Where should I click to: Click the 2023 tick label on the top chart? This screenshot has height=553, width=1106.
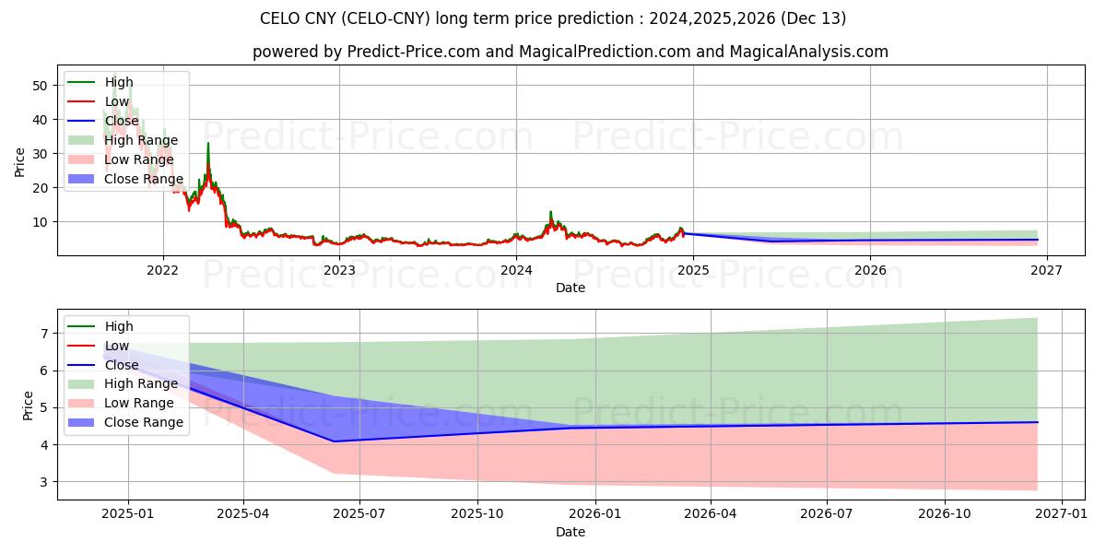click(x=339, y=270)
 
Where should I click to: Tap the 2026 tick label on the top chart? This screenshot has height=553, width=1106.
click(x=869, y=270)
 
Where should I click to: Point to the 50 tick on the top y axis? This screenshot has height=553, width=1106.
click(x=40, y=85)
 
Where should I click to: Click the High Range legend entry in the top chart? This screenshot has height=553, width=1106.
click(x=141, y=140)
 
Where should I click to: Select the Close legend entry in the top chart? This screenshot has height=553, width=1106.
click(x=122, y=121)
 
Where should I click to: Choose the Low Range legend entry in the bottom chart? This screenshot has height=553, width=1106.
click(x=139, y=403)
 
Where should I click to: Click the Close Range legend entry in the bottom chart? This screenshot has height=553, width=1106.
click(x=144, y=422)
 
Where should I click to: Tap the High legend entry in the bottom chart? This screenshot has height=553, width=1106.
click(x=119, y=326)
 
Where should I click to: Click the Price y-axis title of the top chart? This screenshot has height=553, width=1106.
click(x=19, y=161)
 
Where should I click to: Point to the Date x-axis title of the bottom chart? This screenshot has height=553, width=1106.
click(x=571, y=532)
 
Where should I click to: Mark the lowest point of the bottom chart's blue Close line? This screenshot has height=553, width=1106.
click(x=333, y=441)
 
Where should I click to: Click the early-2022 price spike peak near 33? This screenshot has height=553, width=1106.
click(x=208, y=143)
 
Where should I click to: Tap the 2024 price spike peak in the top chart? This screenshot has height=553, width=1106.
click(x=550, y=212)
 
